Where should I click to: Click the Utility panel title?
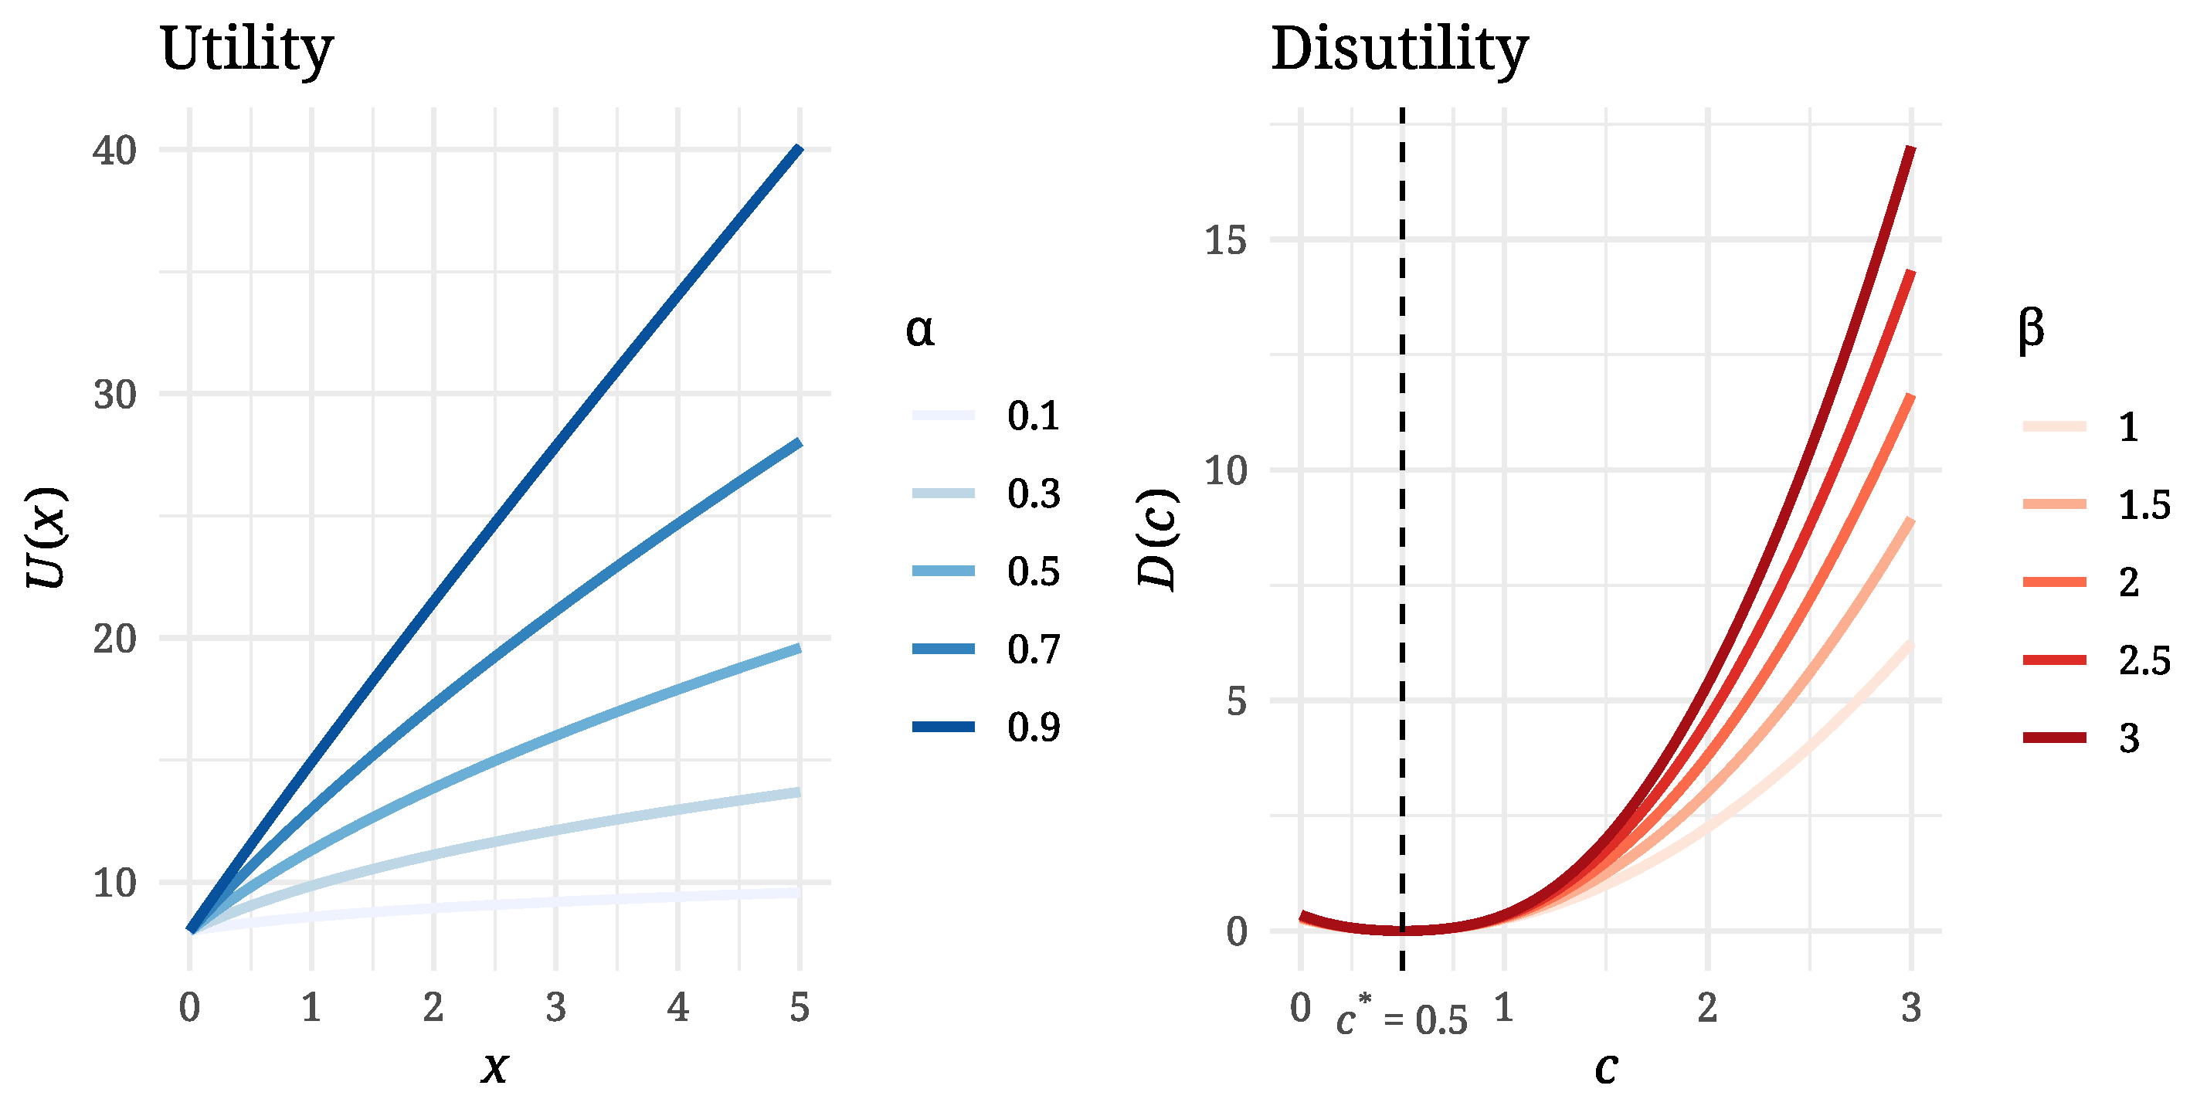(246, 49)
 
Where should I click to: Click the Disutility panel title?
(1399, 49)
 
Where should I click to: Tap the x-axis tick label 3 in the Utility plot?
(555, 1008)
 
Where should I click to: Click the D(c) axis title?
(1158, 539)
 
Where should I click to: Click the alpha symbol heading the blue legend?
(920, 330)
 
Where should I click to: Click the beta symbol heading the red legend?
(2031, 330)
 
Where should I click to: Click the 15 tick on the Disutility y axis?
(1225, 240)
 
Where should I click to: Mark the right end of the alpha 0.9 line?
(798, 150)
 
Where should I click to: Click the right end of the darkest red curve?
(1910, 149)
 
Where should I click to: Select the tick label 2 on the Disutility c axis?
(1707, 1008)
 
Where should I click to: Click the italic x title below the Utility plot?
(494, 1067)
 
